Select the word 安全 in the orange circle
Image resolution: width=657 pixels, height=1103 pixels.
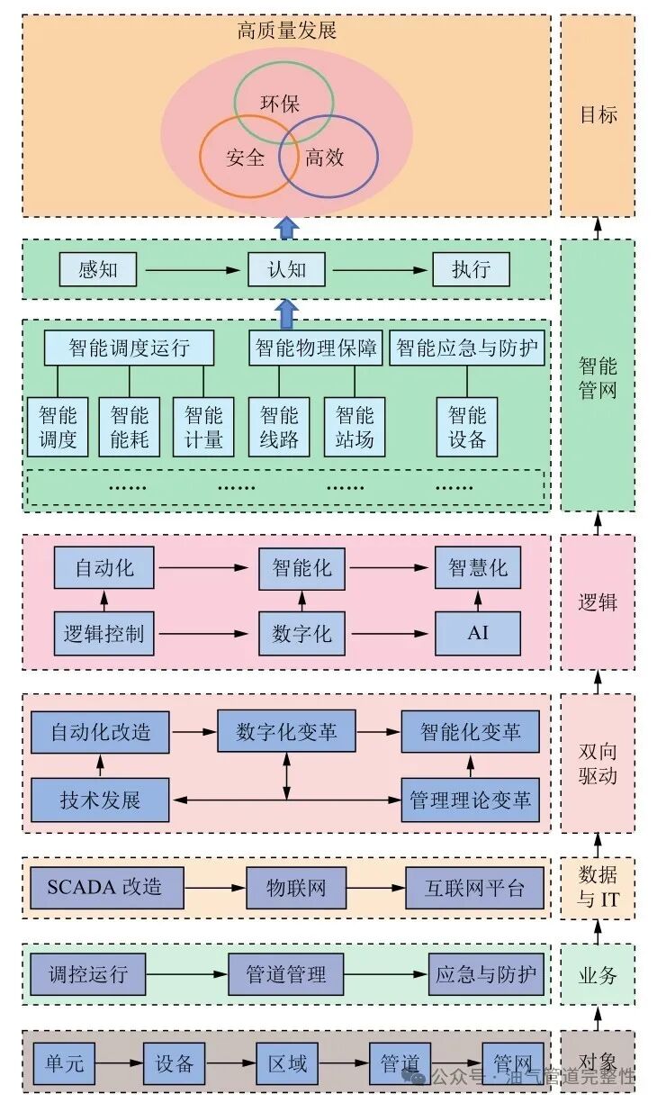tap(246, 158)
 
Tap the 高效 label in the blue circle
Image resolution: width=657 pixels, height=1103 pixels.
tap(325, 158)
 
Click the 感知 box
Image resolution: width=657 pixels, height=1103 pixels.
tap(98, 269)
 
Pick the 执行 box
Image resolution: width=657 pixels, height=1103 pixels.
tap(471, 269)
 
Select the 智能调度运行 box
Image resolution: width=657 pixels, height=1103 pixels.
tap(130, 348)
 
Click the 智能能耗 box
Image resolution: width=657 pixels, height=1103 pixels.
tap(130, 428)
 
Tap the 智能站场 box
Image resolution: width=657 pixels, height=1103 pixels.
tap(355, 428)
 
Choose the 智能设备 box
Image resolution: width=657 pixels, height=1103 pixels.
tap(467, 428)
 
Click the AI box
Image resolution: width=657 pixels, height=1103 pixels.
tap(478, 633)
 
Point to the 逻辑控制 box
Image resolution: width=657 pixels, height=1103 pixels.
tap(104, 633)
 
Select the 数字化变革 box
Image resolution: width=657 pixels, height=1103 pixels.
tap(287, 732)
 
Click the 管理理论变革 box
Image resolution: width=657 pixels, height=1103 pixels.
tap(470, 800)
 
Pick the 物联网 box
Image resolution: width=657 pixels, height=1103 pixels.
tap(296, 888)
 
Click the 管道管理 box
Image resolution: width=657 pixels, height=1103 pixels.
tap(287, 974)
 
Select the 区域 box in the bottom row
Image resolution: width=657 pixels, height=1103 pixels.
tap(287, 1064)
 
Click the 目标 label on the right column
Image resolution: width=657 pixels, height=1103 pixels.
tap(598, 115)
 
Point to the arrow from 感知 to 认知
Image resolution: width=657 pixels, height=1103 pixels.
tap(193, 269)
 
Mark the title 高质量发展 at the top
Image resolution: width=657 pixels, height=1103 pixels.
tap(287, 31)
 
